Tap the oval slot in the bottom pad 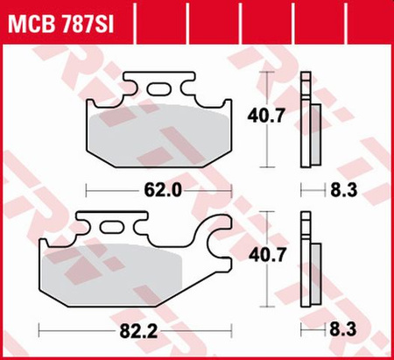[x=114, y=229]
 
